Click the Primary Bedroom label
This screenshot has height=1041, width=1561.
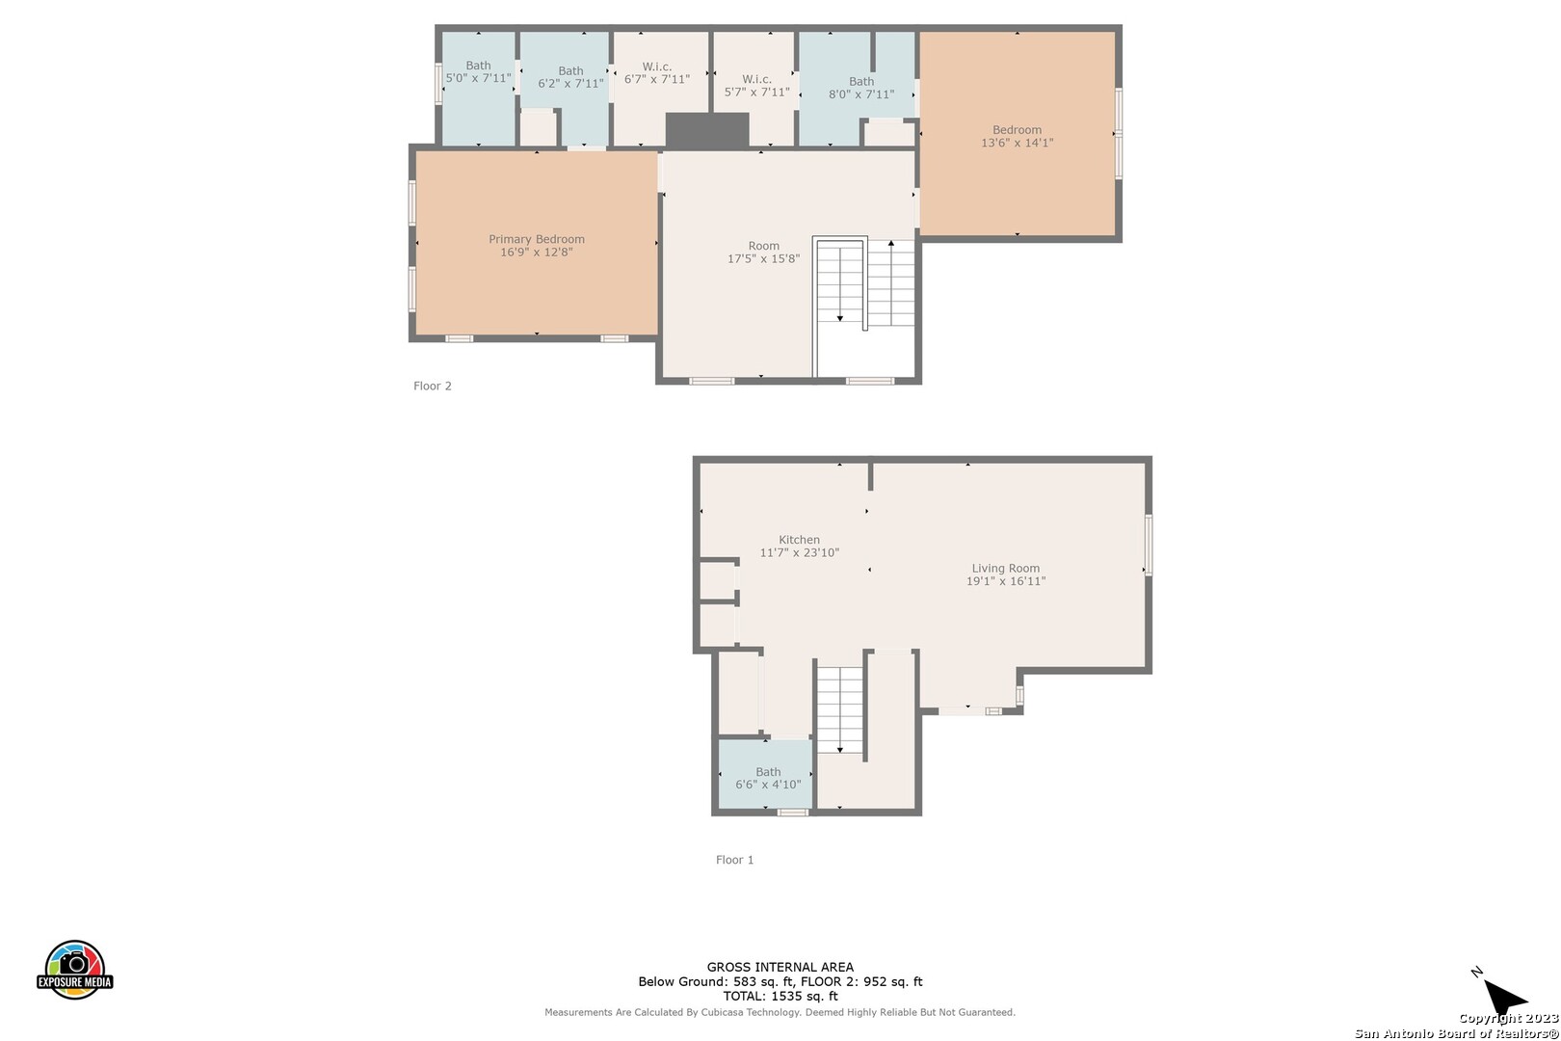point(537,239)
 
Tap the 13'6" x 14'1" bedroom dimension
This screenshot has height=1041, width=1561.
point(1017,143)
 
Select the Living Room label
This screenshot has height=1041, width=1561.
point(1006,569)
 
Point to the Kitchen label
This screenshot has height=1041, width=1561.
point(799,540)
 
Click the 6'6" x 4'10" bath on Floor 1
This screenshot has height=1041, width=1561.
point(768,778)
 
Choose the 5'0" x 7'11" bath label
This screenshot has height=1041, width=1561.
point(478,72)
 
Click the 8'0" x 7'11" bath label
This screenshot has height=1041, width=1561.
point(861,88)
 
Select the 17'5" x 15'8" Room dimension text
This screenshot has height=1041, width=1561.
point(764,258)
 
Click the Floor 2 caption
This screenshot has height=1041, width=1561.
point(432,386)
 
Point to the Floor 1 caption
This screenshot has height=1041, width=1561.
point(734,860)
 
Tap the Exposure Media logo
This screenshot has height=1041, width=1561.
point(74,970)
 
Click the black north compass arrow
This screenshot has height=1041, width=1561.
point(1504,997)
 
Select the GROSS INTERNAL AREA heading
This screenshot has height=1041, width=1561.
point(780,967)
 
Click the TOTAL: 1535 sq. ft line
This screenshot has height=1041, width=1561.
point(780,997)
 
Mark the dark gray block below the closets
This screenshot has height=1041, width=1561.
point(706,130)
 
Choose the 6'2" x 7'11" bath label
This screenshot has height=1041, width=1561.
point(570,77)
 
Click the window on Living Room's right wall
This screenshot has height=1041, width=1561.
point(1149,546)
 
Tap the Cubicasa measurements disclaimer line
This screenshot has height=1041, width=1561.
point(780,1012)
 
